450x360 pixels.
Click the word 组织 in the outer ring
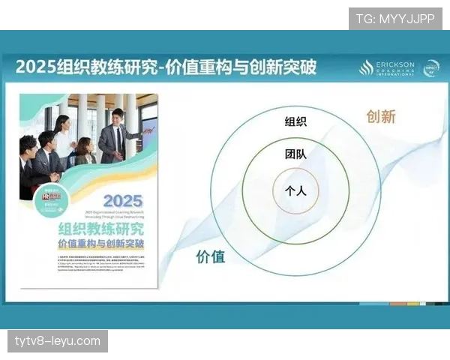point(295,121)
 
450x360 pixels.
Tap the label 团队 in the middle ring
point(295,155)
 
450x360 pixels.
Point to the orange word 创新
point(380,116)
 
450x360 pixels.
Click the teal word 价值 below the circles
point(211,256)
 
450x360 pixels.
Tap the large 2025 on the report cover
point(122,201)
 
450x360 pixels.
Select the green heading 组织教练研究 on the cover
point(102,228)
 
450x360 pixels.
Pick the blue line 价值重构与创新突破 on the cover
point(102,244)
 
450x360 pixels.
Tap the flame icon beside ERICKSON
point(366,68)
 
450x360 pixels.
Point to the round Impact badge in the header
point(431,67)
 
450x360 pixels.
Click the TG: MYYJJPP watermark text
point(394,18)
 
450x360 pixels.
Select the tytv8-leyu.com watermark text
point(57,341)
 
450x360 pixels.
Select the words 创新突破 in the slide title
point(286,67)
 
